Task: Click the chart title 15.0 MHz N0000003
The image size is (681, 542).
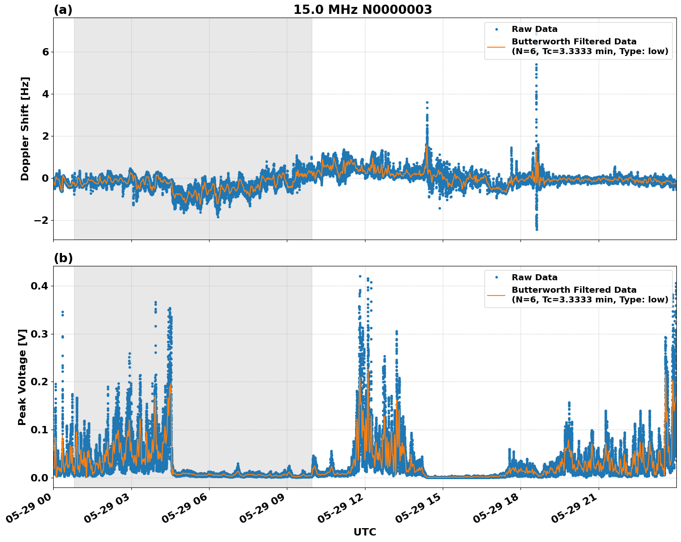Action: coord(362,10)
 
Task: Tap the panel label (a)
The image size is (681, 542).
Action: coord(63,10)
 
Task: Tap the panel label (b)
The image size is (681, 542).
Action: coord(63,258)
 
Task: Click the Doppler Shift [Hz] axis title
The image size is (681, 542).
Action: coord(25,129)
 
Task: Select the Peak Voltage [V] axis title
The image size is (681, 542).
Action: coord(22,377)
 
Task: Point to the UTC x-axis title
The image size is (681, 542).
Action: coord(365,532)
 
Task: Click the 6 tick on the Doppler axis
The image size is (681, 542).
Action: coord(45,52)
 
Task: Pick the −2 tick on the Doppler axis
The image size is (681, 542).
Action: coord(42,221)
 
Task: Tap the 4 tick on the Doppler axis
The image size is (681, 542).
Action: coord(45,94)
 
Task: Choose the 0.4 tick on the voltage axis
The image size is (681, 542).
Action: coord(41,286)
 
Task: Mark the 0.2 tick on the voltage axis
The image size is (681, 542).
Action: coord(41,382)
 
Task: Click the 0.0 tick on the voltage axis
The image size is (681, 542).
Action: coord(41,478)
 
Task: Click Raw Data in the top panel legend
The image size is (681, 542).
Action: coord(534,30)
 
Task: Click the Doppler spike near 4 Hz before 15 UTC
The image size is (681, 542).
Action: coord(427,103)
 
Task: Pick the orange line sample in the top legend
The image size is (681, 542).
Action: coord(496,47)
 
